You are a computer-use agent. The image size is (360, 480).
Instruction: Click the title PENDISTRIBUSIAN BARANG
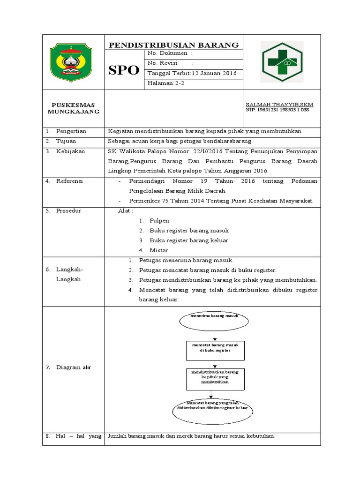[174, 45]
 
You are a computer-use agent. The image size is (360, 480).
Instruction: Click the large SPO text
[124, 70]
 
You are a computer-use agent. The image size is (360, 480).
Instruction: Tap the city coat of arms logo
[72, 62]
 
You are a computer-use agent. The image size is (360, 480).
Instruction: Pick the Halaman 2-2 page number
[166, 83]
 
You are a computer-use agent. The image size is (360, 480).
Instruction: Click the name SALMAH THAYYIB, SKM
[279, 105]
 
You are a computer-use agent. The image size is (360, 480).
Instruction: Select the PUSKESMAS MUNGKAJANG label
[74, 109]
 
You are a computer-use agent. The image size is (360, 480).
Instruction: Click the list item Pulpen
[159, 220]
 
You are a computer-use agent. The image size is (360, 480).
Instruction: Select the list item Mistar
[159, 250]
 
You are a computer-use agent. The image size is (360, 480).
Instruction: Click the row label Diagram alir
[73, 367]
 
